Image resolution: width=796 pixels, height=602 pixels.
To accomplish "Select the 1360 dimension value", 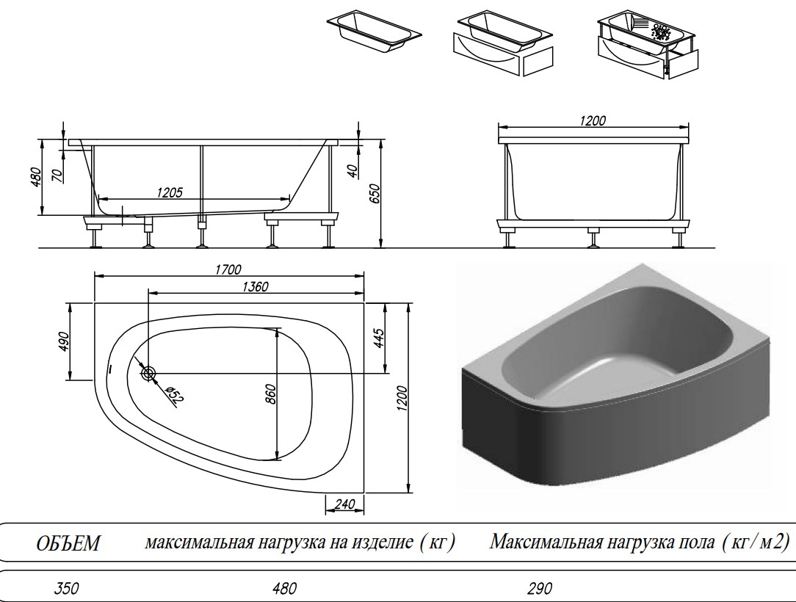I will [254, 286].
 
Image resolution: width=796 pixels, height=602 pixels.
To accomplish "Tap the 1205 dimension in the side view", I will [170, 192].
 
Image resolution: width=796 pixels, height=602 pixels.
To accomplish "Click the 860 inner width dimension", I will [269, 395].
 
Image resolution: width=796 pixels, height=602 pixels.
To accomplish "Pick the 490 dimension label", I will [63, 341].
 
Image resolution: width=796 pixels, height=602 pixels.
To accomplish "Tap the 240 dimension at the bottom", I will [344, 503].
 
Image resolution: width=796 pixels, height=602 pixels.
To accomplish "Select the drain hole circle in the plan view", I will [149, 374].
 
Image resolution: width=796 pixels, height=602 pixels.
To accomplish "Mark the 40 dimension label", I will [352, 170].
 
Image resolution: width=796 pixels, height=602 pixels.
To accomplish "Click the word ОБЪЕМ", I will [68, 544].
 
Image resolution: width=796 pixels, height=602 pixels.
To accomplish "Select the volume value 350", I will [66, 588].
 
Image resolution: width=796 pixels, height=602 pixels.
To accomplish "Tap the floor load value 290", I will [539, 588].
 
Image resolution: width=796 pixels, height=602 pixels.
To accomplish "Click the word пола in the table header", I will [691, 543].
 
